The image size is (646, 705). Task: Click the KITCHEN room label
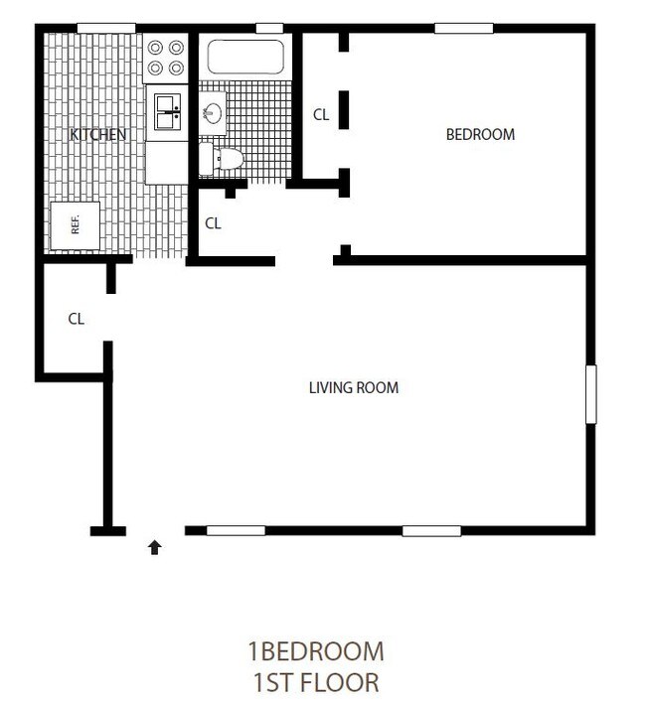97,134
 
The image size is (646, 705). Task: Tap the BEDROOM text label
480,134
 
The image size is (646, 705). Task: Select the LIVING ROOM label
354,387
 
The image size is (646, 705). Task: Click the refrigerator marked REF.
75,224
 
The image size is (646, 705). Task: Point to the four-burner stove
166,60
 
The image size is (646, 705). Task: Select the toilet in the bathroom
221,158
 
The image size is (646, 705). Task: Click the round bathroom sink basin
213,112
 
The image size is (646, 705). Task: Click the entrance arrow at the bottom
155,545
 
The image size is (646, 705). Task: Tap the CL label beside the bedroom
321,115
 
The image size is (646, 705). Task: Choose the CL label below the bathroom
213,223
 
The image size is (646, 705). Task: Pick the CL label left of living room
76,319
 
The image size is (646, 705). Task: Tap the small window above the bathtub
269,28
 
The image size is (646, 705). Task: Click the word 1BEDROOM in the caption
315,651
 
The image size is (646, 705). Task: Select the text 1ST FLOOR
315,682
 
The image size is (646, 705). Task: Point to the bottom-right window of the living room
431,531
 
